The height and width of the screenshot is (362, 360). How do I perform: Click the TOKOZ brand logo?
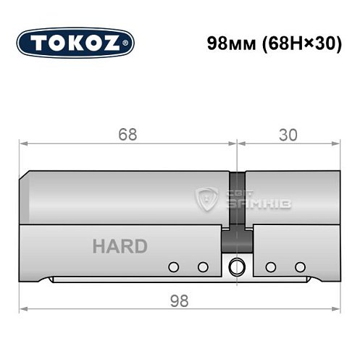75,42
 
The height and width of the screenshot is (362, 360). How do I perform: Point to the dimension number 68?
127,135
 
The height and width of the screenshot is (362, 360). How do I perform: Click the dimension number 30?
288,135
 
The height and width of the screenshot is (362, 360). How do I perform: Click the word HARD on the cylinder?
120,246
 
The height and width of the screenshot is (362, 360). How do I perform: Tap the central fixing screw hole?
236,267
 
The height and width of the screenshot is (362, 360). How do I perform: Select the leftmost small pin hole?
172,267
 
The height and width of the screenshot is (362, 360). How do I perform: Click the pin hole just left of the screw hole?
203,267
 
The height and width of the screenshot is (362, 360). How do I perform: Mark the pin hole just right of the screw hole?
270,267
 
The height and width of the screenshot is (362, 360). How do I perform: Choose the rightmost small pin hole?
300,267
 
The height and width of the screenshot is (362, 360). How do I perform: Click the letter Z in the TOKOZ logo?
119,42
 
